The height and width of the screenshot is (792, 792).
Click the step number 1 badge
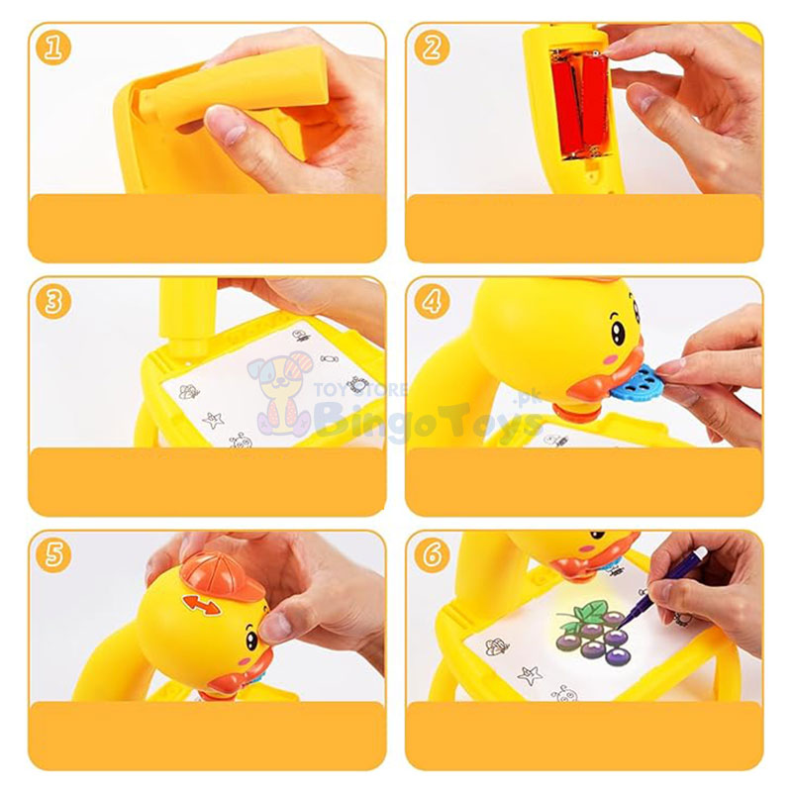(51, 47)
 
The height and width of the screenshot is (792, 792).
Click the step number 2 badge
(432, 47)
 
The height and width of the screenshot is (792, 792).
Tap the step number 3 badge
(51, 301)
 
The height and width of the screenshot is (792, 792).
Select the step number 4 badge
(432, 301)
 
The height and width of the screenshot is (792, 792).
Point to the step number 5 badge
(51, 555)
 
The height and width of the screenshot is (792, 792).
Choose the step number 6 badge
(432, 555)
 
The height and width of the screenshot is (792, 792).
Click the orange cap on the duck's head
(220, 578)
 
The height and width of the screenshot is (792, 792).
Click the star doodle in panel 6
(532, 675)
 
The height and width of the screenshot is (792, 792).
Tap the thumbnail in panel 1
(224, 124)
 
